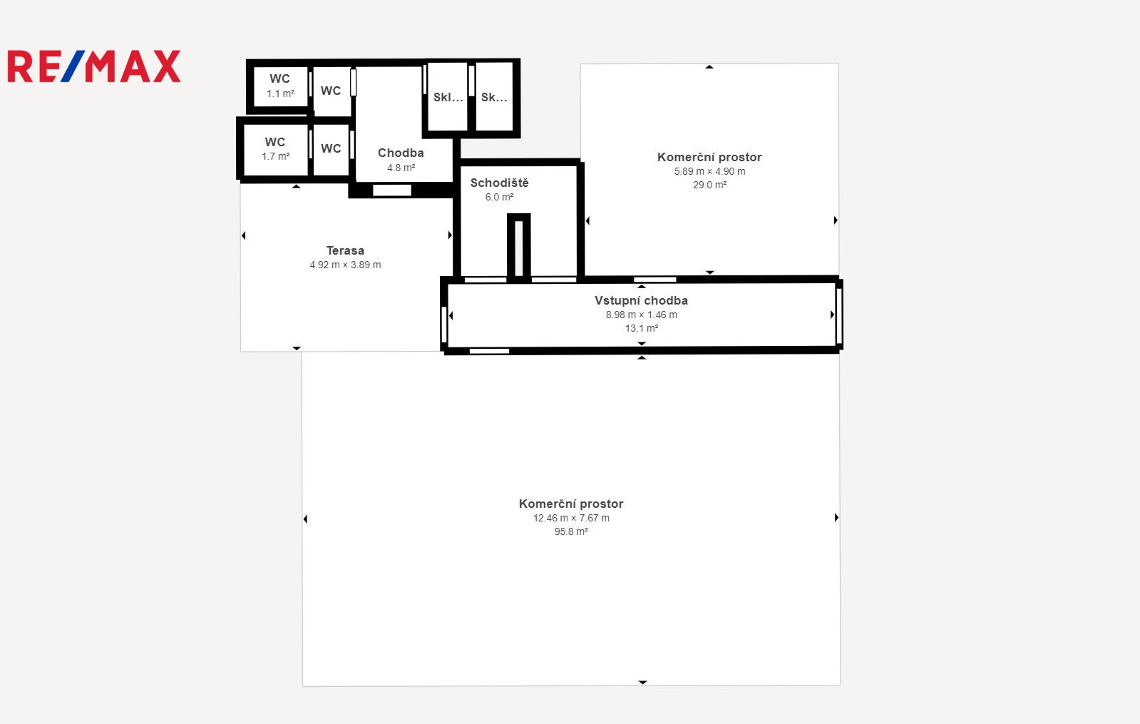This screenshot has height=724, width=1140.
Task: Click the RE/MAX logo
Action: [x=94, y=66]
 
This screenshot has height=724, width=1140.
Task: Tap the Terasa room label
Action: [x=345, y=250]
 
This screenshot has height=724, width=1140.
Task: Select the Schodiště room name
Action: [x=499, y=183]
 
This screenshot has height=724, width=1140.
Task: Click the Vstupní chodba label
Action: [x=641, y=300]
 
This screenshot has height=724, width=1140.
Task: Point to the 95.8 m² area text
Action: [x=571, y=531]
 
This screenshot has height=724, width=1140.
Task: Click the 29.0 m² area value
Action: [x=709, y=185]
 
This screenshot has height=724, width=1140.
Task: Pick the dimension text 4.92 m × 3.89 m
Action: [x=345, y=265]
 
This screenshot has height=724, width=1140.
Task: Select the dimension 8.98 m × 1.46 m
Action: [x=641, y=315]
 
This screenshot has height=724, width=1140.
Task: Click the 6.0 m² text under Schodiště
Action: [x=499, y=197]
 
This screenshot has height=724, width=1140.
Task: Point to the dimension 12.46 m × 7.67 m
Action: [x=571, y=518]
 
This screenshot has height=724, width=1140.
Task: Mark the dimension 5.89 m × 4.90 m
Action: [x=709, y=171]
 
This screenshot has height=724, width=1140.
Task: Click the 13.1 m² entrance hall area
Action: [x=641, y=328]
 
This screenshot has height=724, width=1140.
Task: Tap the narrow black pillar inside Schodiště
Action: [x=518, y=247]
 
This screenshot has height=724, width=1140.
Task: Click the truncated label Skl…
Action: [x=448, y=97]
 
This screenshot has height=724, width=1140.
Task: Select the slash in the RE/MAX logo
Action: [x=73, y=66]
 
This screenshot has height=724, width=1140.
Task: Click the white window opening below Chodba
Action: [x=392, y=190]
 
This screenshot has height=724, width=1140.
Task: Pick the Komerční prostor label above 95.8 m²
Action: [x=571, y=504]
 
